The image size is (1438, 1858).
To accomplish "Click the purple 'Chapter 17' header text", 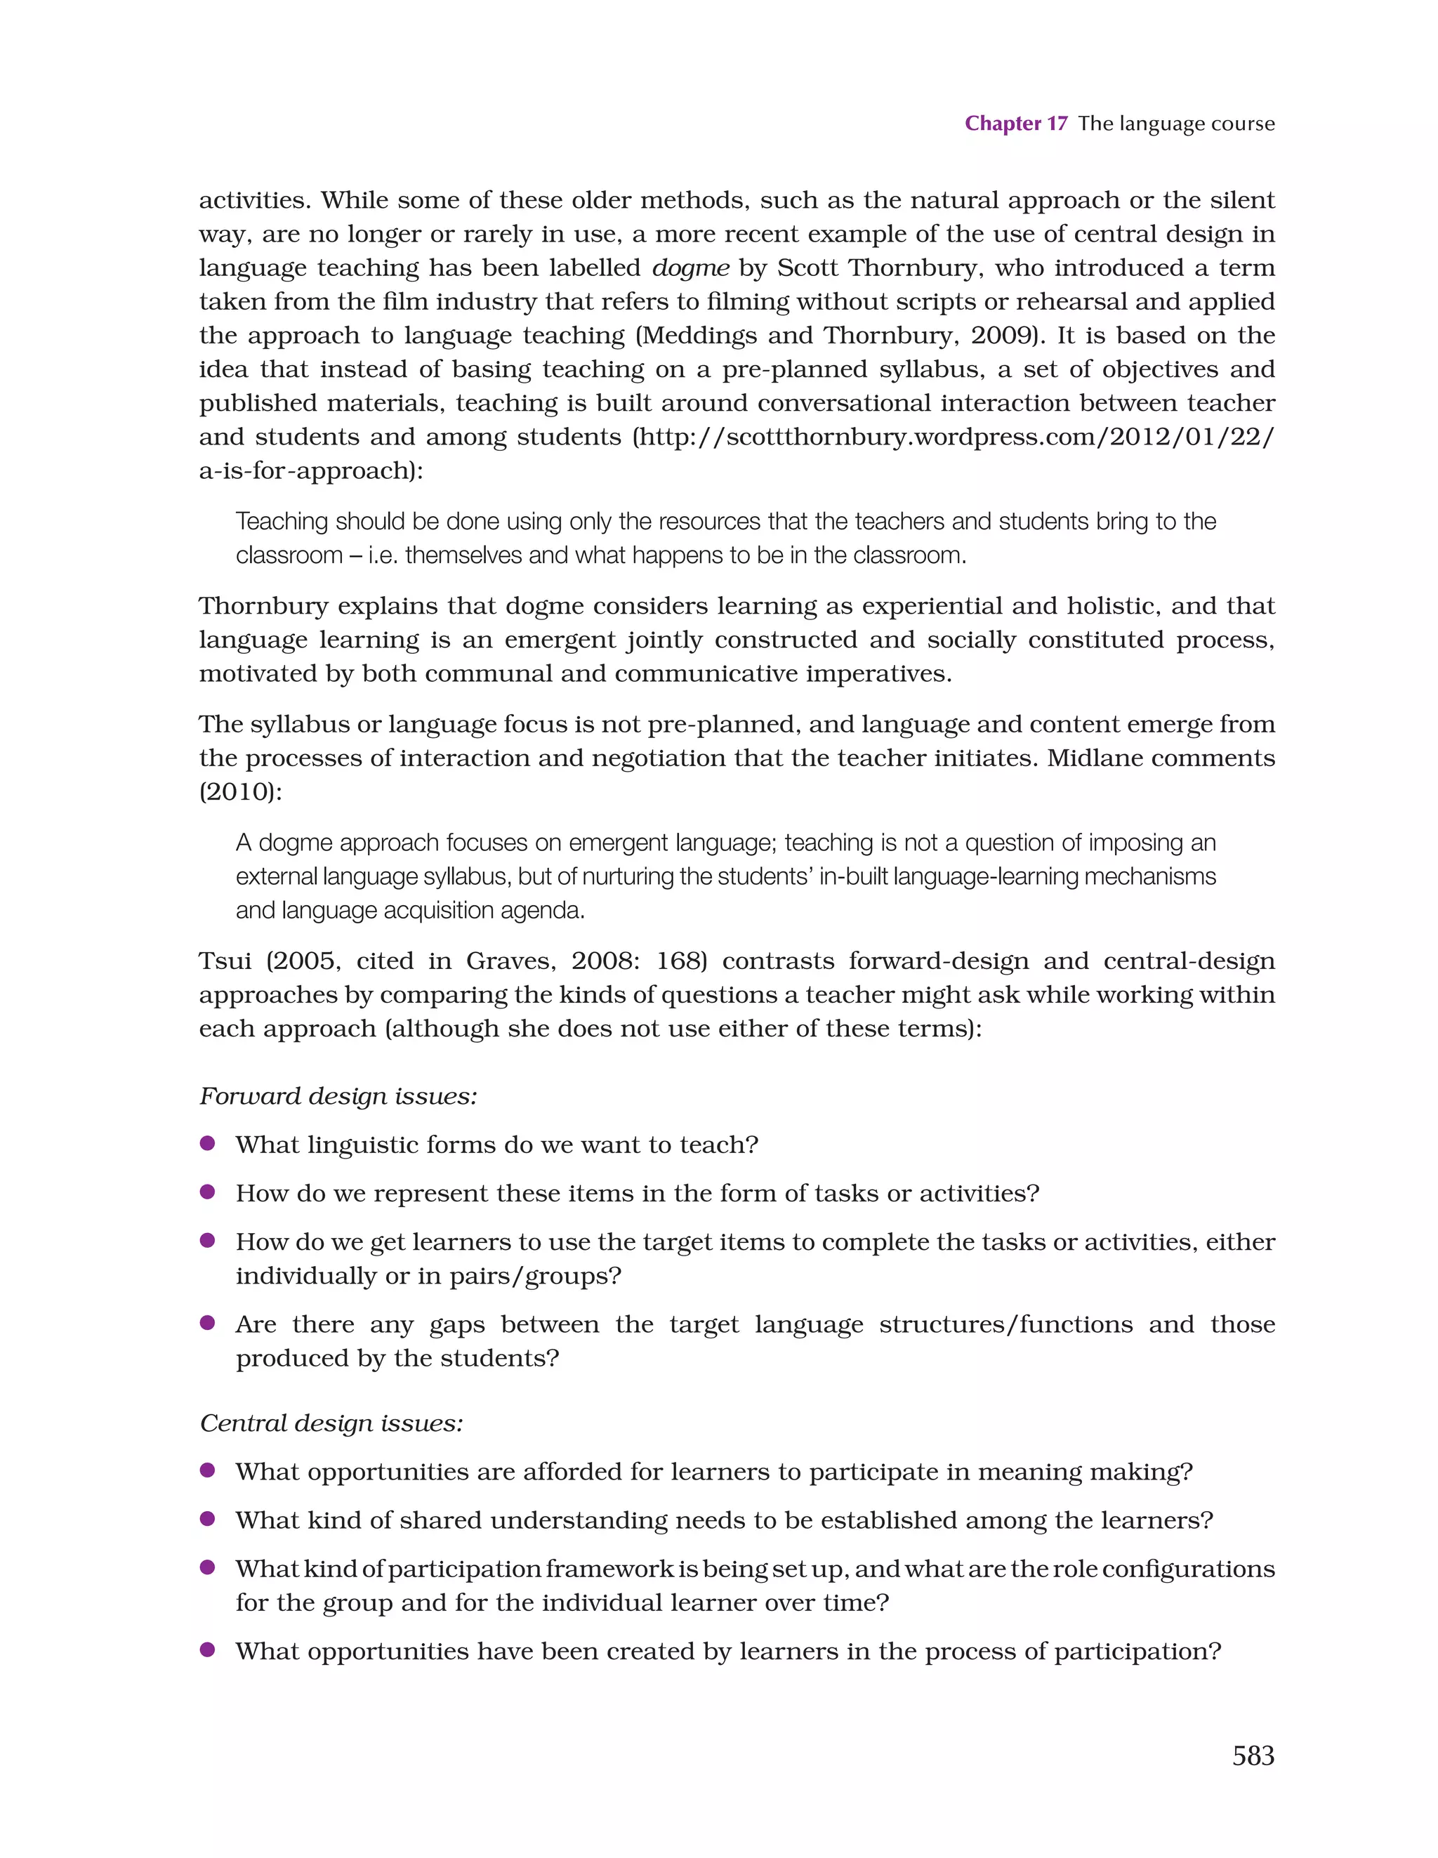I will [1015, 124].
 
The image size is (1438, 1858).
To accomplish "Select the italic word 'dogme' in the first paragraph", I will [690, 268].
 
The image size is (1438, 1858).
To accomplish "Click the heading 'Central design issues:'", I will [331, 1423].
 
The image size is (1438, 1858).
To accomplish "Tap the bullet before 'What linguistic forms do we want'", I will [206, 1143].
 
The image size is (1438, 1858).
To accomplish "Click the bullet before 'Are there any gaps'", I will [206, 1323].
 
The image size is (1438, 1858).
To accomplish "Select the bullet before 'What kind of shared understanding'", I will [206, 1519].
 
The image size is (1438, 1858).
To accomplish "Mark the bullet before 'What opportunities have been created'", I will [206, 1650].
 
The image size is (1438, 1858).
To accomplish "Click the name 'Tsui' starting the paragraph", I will [225, 961].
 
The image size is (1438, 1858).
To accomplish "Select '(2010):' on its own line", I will [240, 792].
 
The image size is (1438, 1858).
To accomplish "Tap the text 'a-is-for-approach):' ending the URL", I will [310, 470].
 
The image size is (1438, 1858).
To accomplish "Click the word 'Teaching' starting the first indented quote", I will [281, 522].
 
